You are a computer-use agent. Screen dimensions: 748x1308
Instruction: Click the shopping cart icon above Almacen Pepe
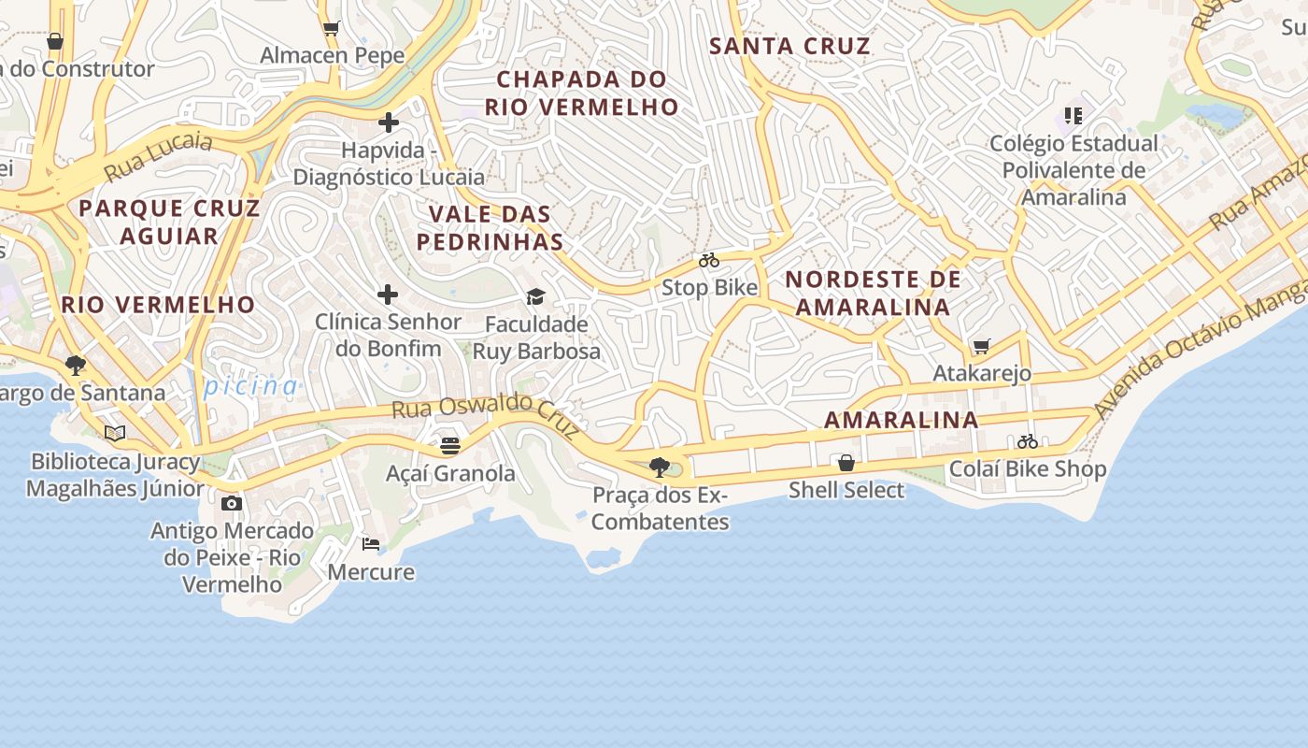coord(331,28)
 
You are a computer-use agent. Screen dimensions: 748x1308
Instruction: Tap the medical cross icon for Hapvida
coord(389,122)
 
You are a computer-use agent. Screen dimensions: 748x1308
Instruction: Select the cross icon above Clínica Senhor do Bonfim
coord(388,295)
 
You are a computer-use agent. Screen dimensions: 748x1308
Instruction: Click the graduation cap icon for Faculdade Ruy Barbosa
coord(535,296)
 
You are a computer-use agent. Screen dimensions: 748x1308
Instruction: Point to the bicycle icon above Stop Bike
coord(709,260)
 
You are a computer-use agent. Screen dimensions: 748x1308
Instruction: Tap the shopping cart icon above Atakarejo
coord(981,346)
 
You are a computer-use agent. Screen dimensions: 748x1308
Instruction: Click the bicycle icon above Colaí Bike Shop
coord(1028,441)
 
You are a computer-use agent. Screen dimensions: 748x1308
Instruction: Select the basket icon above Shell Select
coord(846,463)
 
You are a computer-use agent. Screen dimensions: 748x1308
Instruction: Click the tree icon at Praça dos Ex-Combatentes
coord(660,467)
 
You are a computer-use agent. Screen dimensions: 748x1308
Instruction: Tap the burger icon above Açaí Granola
coord(450,446)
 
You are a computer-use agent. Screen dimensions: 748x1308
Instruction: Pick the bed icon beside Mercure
coord(371,543)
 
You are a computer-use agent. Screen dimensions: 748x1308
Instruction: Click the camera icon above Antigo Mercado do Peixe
coord(232,503)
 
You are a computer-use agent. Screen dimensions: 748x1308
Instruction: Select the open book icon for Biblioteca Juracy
coord(115,434)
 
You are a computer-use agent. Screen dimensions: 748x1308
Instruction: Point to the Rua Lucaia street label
coord(158,157)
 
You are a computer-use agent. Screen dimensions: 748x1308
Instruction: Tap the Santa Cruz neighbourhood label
coord(789,46)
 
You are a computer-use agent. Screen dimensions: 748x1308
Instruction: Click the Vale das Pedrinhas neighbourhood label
coord(490,228)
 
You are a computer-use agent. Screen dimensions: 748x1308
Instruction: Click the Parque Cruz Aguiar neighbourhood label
coord(169,222)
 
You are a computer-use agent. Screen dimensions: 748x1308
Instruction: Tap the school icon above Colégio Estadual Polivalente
coord(1073,116)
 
